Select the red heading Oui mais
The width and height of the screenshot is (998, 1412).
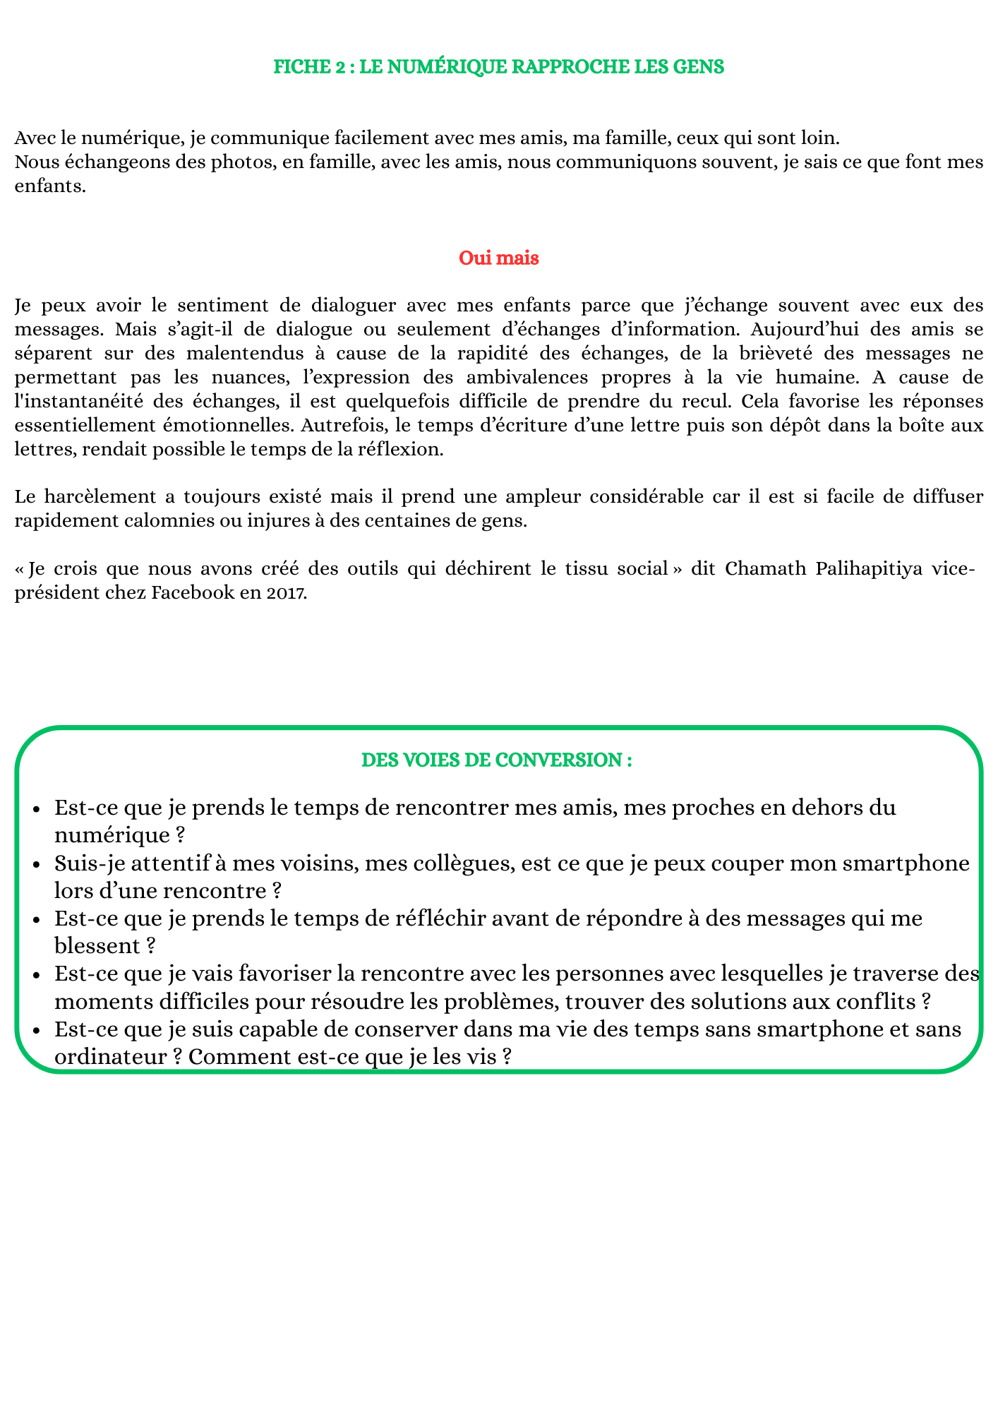(499, 258)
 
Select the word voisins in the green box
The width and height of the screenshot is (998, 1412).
(282, 863)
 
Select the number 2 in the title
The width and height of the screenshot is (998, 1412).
(335, 67)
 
